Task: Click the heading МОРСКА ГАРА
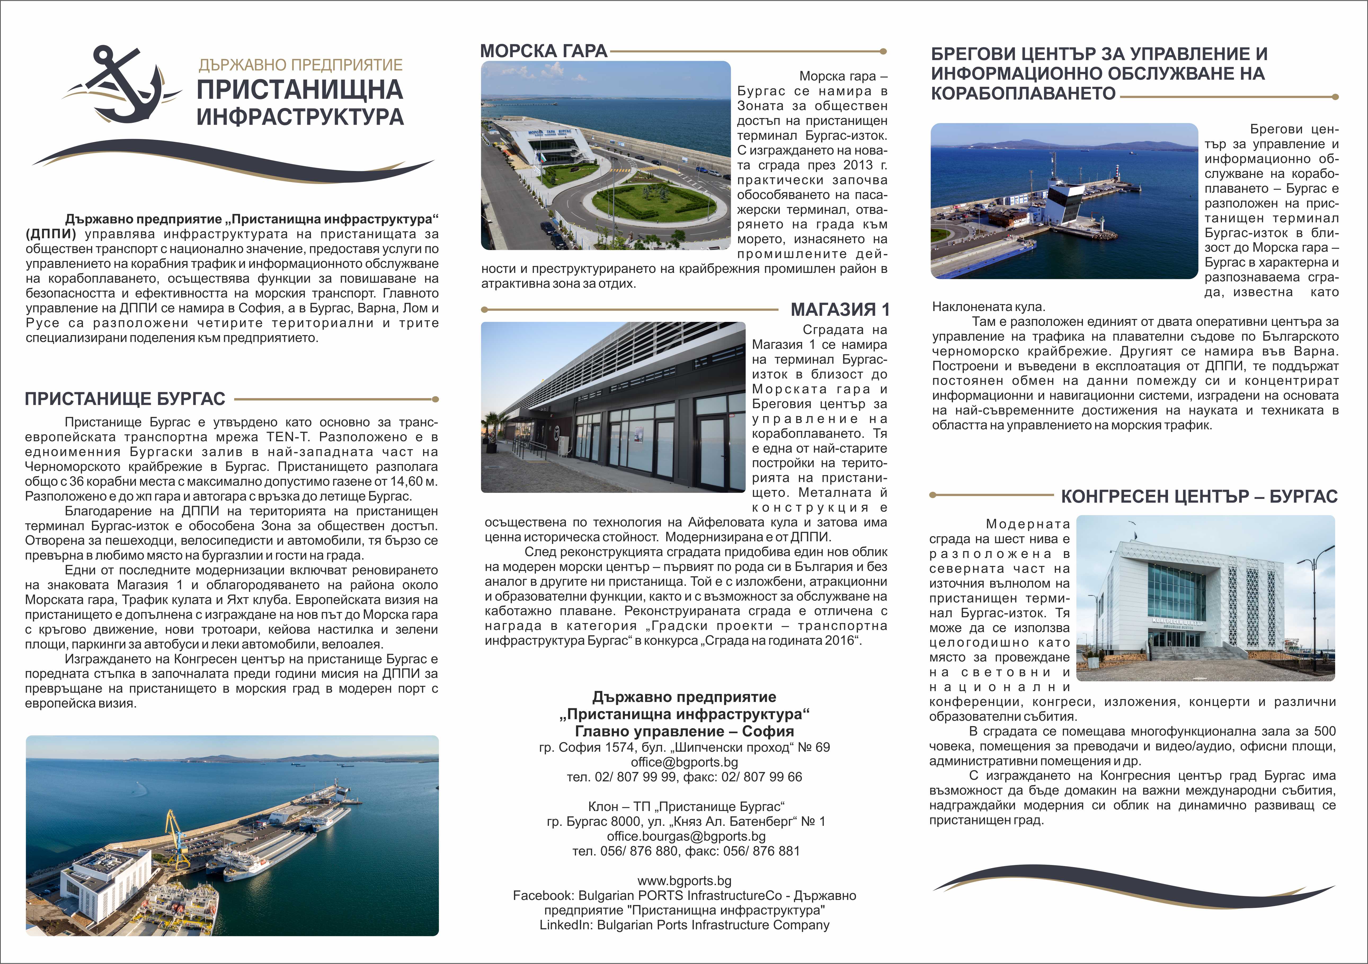point(543,51)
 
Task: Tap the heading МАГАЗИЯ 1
point(840,310)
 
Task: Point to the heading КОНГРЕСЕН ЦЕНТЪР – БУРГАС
point(1199,497)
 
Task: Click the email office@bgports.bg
point(684,762)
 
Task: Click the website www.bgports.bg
point(684,881)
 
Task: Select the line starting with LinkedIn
point(684,925)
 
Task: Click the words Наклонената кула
point(988,307)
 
